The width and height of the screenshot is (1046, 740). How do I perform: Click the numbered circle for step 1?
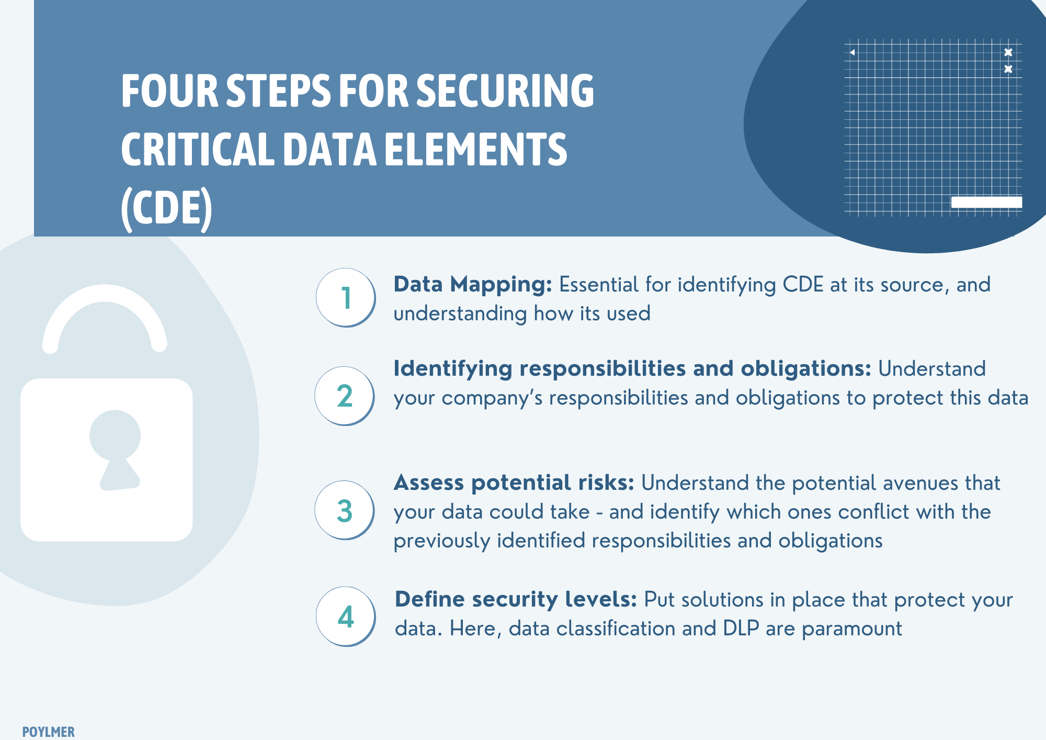pyautogui.click(x=345, y=297)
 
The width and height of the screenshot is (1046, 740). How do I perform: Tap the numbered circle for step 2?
pyautogui.click(x=344, y=396)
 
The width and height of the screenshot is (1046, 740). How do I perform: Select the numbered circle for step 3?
pyautogui.click(x=344, y=510)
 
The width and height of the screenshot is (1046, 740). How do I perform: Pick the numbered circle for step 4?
pyautogui.click(x=345, y=616)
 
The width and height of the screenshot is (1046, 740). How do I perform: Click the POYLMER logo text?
pyautogui.click(x=48, y=732)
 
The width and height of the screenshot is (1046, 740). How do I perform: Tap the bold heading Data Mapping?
pyautogui.click(x=473, y=285)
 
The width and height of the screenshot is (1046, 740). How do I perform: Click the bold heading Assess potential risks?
pyautogui.click(x=514, y=483)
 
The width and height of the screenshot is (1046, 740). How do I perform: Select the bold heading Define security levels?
pyautogui.click(x=516, y=599)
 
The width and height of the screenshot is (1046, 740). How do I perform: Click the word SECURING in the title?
pyautogui.click(x=505, y=91)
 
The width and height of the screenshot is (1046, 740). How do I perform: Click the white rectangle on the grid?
pyautogui.click(x=986, y=202)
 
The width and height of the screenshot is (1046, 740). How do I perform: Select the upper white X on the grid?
pyautogui.click(x=1008, y=52)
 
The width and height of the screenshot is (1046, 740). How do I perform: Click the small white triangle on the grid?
pyautogui.click(x=852, y=52)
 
